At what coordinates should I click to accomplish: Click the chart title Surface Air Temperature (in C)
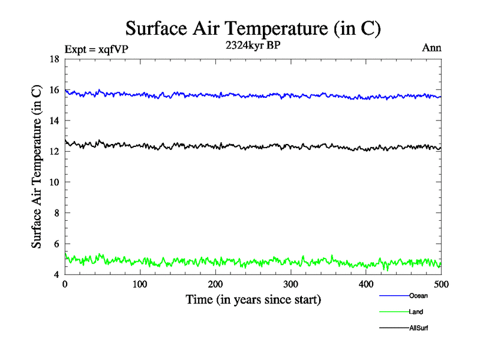click(253, 29)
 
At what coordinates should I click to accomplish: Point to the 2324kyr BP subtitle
click(253, 46)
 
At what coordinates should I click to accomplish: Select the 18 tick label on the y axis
click(53, 59)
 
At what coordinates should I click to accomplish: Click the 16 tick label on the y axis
click(53, 90)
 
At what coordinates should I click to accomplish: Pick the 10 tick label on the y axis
click(53, 182)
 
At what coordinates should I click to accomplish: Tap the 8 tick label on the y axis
click(56, 213)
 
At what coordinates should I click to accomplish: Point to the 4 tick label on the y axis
click(56, 275)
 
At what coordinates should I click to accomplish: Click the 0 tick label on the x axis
click(65, 284)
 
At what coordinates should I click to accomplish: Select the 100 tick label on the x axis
click(140, 284)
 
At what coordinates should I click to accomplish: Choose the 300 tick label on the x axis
click(290, 284)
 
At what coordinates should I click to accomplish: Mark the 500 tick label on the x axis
click(441, 284)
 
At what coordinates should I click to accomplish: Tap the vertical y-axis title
click(37, 167)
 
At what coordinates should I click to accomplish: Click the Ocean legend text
click(418, 296)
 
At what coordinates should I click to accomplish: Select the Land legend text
click(416, 312)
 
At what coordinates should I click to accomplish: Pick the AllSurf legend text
click(419, 328)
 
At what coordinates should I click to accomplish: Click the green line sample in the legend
click(394, 312)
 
